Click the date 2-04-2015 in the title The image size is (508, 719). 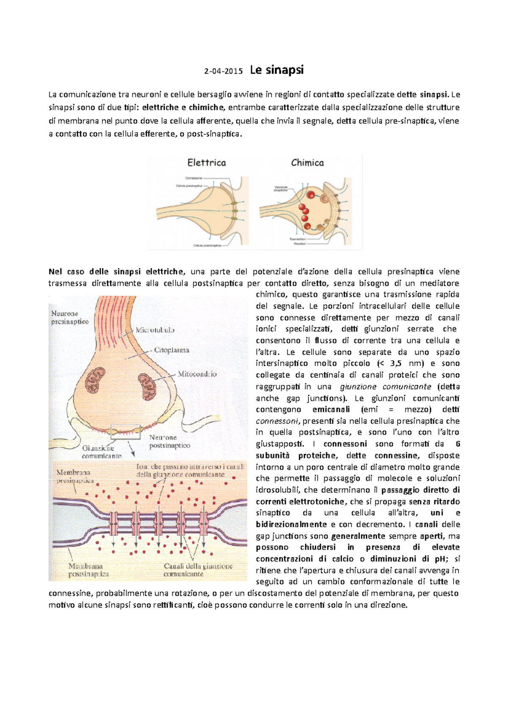coord(224,71)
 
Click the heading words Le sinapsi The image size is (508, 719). coord(277,70)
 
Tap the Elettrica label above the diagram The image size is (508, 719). coord(207,163)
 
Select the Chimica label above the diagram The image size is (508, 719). coord(307,163)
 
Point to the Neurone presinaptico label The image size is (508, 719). coord(70,318)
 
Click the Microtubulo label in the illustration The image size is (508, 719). coord(155,330)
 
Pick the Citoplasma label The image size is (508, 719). coord(171,350)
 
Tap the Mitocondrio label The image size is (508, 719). coord(197,374)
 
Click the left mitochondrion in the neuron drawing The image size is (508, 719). coord(95,379)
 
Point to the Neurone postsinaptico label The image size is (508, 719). coord(169,441)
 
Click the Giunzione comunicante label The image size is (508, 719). coord(102,452)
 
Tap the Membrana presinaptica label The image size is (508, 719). coord(75,476)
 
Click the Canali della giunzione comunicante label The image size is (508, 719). coord(198,570)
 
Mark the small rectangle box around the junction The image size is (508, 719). coord(125,431)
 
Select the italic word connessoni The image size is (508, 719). coord(277,421)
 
